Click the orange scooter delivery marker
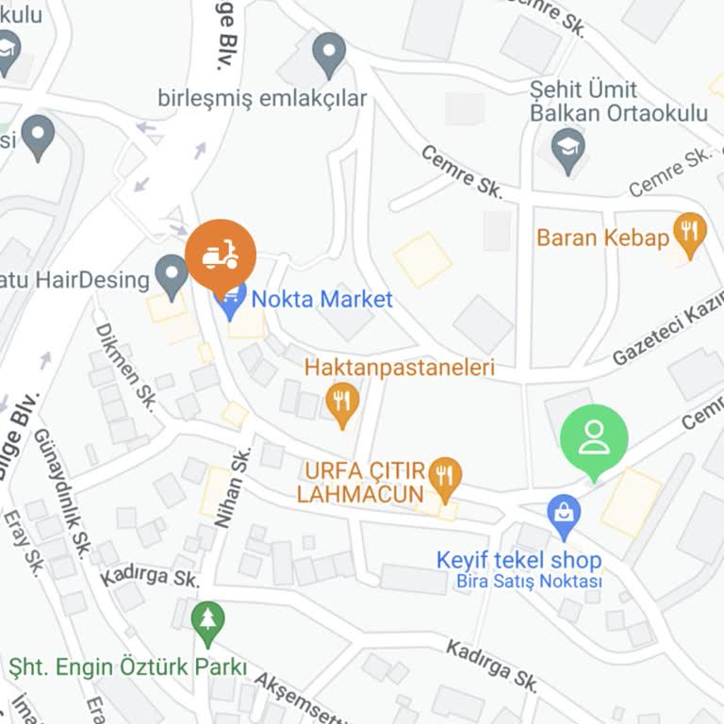220,254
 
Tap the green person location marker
594,438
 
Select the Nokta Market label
321,300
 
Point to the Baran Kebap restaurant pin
691,236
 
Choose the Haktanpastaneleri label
399,368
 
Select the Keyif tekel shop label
518,560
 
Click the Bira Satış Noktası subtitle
529,582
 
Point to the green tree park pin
207,620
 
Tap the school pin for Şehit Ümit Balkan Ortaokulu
568,151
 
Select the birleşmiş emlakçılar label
262,98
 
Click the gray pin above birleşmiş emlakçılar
329,54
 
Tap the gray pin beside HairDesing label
172,276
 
